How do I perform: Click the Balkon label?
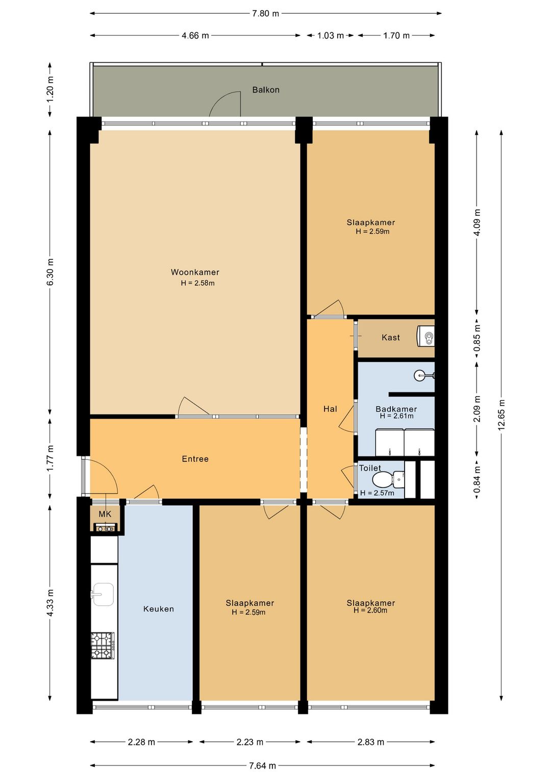pyautogui.click(x=266, y=90)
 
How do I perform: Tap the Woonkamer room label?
pyautogui.click(x=195, y=272)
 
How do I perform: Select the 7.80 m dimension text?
pyautogui.click(x=266, y=14)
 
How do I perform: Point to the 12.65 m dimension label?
pyautogui.click(x=502, y=415)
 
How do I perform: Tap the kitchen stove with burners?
pyautogui.click(x=103, y=645)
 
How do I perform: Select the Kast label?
pyautogui.click(x=391, y=337)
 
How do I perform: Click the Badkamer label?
pyautogui.click(x=396, y=409)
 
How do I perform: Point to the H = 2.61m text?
pyautogui.click(x=396, y=416)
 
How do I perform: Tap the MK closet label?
pyautogui.click(x=105, y=514)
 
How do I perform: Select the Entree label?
pyautogui.click(x=195, y=459)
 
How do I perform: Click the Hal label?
pyautogui.click(x=330, y=409)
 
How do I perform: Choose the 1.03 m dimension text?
pyautogui.click(x=331, y=35)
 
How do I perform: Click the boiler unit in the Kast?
pyautogui.click(x=425, y=335)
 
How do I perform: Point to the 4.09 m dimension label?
pyautogui.click(x=477, y=223)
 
